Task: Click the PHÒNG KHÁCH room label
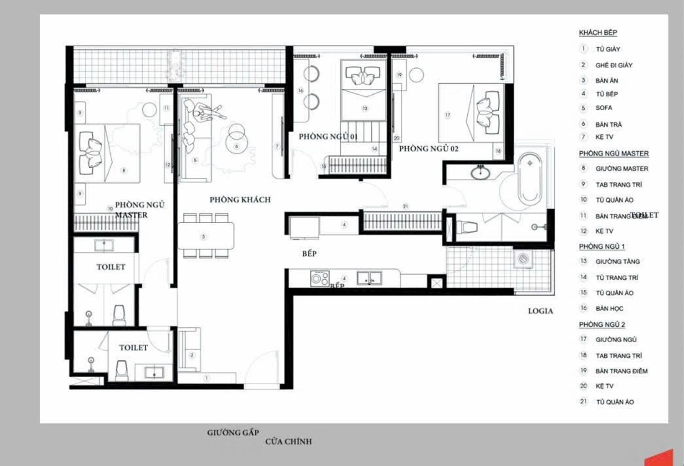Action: (x=240, y=200)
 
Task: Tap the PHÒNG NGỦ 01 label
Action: (x=328, y=136)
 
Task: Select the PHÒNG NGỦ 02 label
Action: (x=428, y=148)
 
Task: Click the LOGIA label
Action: (x=540, y=311)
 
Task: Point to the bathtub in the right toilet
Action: (x=529, y=178)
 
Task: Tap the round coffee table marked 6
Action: (x=236, y=140)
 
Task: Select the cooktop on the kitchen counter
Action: (x=319, y=279)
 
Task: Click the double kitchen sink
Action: (x=369, y=278)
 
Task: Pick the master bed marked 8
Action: (x=109, y=154)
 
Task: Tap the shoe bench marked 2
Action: (x=189, y=350)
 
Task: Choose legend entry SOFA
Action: (x=604, y=108)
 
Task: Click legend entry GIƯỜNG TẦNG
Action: (x=617, y=261)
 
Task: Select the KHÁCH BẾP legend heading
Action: (x=598, y=32)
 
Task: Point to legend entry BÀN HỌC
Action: (x=609, y=308)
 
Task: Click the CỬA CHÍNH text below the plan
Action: (x=288, y=441)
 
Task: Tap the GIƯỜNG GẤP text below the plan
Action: (x=233, y=432)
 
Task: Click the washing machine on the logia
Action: (x=523, y=259)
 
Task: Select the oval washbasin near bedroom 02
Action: (x=479, y=172)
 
